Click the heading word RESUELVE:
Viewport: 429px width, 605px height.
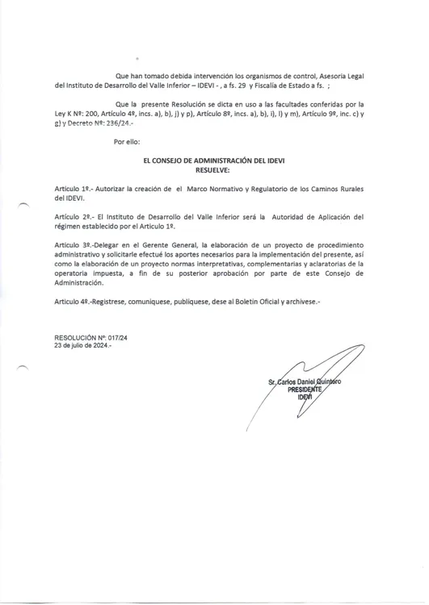[x=213, y=171]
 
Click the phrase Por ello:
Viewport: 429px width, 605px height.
[x=128, y=142]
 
